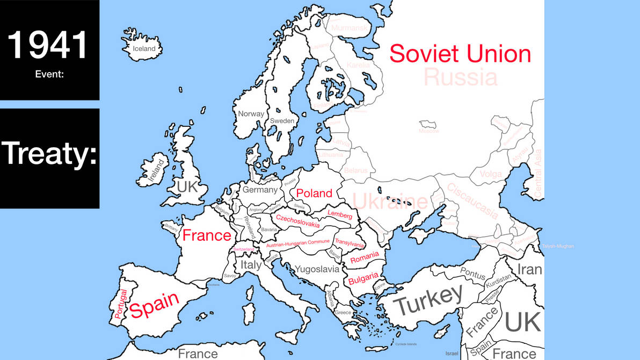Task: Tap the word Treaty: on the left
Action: tap(49, 153)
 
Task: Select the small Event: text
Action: tap(49, 74)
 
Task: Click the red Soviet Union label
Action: tap(460, 54)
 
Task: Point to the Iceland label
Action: tap(144, 49)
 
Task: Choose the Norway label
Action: tap(251, 114)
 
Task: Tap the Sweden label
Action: tap(282, 121)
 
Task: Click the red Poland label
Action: tap(314, 193)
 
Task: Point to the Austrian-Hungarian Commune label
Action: tap(298, 244)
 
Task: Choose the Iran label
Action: tap(529, 269)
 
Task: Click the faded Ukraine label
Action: tap(390, 202)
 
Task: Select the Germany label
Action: tap(260, 190)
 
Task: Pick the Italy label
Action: tap(251, 265)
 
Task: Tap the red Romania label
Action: tap(365, 257)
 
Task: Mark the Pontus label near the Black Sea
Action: tap(472, 275)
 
